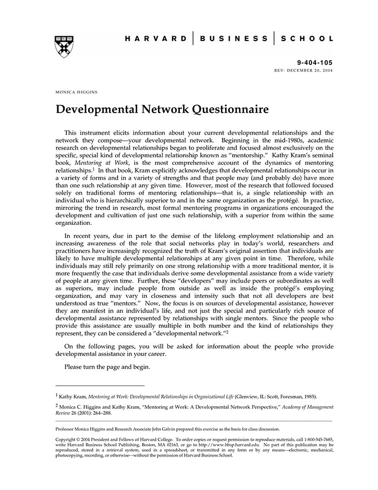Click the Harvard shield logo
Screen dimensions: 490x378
click(64, 47)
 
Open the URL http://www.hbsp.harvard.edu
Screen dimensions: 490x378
click(230, 445)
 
